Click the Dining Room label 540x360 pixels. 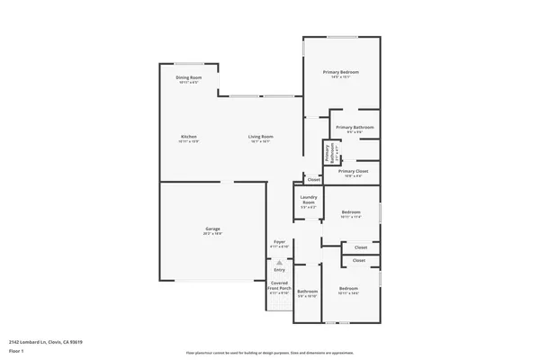pyautogui.click(x=189, y=77)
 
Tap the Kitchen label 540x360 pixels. pyautogui.click(x=189, y=137)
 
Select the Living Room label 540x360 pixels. pyautogui.click(x=261, y=137)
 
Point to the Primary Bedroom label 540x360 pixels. pyautogui.click(x=342, y=72)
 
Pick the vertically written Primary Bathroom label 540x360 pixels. pyautogui.click(x=329, y=154)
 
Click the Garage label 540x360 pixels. pyautogui.click(x=212, y=229)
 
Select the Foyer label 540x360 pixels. pyautogui.click(x=279, y=242)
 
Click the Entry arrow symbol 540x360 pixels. pyautogui.click(x=279, y=262)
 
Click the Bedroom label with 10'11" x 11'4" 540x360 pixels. pyautogui.click(x=350, y=213)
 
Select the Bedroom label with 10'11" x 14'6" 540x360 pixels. pyautogui.click(x=348, y=290)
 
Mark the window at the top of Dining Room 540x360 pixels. pyautogui.click(x=189, y=63)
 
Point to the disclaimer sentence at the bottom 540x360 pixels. pyautogui.click(x=269, y=353)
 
